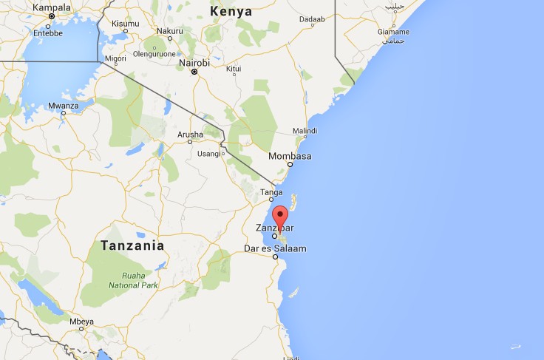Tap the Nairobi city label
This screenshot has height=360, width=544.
coord(194,64)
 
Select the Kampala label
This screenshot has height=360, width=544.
coord(52,7)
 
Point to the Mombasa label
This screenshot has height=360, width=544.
coord(290,156)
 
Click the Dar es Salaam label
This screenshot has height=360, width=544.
coord(275,248)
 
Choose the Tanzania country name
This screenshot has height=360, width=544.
coord(132,245)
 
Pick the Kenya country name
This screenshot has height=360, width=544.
coord(231,12)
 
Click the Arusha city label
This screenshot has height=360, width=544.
coord(191,134)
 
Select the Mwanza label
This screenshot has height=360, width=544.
coord(64,106)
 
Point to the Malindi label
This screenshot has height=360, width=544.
coord(305,130)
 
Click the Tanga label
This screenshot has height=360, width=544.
coord(271,192)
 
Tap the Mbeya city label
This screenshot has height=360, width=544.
coord(81,322)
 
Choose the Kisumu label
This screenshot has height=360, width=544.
coord(125,24)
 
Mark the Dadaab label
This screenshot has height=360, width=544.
coord(311,18)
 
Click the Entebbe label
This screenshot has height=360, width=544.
coord(48,33)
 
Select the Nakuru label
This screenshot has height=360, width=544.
coord(170,30)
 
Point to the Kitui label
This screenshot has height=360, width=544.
coord(234,69)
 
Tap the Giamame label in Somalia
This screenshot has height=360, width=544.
coord(392,32)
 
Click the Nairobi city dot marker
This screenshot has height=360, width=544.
coord(194,72)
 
